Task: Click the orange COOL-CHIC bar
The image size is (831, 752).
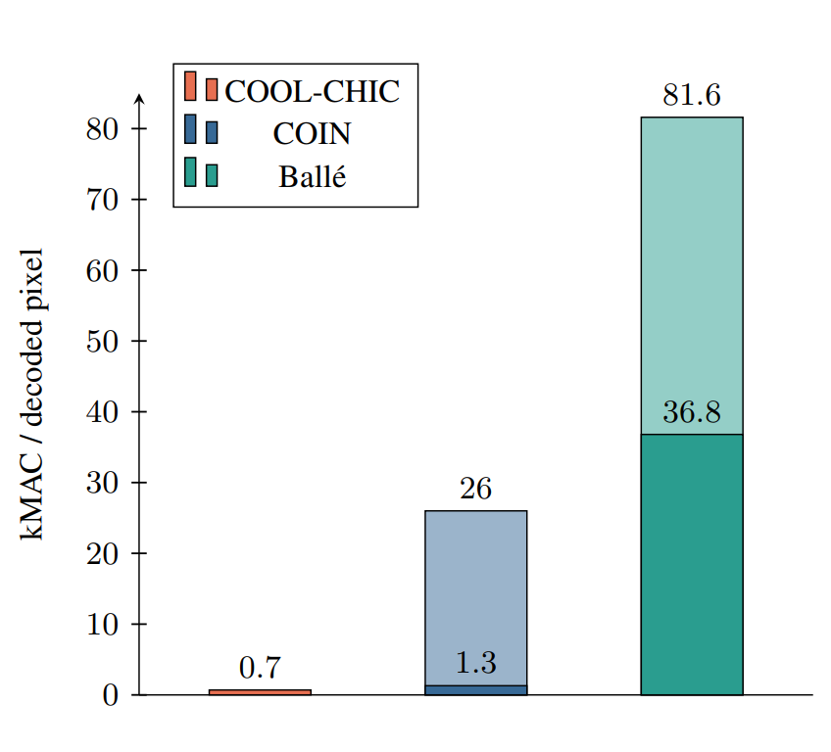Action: pos(260,691)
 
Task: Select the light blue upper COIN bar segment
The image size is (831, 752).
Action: pos(475,597)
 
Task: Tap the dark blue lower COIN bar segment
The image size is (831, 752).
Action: pos(475,689)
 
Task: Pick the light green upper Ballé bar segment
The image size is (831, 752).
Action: pos(691,275)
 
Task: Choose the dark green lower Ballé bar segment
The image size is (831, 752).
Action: pos(691,564)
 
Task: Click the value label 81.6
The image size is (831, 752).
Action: pos(691,96)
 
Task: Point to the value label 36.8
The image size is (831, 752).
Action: pos(691,413)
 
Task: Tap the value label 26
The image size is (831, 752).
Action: pos(475,490)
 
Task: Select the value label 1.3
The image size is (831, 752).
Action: pos(475,663)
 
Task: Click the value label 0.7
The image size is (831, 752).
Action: pos(260,669)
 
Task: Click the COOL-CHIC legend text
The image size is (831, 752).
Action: pos(313,91)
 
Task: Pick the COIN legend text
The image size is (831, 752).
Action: pos(313,134)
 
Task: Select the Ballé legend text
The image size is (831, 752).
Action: pos(313,177)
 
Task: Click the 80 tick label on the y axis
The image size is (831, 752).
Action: pos(103,129)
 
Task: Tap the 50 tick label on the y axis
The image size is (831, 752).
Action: pos(103,342)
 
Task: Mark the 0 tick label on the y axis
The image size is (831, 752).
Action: pos(110,695)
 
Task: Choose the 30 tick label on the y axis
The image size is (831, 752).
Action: pos(103,483)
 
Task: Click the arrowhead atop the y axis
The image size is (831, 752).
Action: pos(139,98)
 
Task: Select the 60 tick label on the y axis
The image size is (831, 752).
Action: pos(103,270)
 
